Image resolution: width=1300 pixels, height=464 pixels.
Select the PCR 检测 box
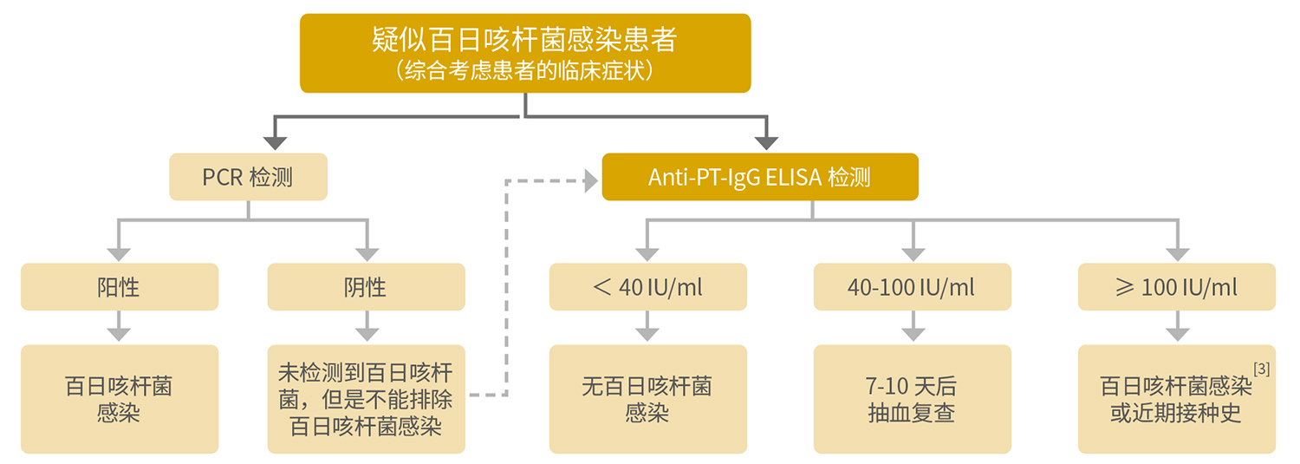pyautogui.click(x=248, y=177)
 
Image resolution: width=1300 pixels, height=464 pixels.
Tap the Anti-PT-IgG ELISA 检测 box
pyautogui.click(x=759, y=177)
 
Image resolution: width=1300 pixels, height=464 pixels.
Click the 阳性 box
pyautogui.click(x=119, y=287)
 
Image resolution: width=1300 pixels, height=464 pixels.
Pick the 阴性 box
pyautogui.click(x=366, y=287)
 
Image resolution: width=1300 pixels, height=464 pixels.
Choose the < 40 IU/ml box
pyautogui.click(x=647, y=287)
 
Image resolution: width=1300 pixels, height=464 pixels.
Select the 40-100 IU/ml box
pyautogui.click(x=912, y=287)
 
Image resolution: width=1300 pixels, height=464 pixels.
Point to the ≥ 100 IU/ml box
pyautogui.click(x=1176, y=287)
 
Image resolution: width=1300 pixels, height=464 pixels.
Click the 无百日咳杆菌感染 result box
pyautogui.click(x=647, y=399)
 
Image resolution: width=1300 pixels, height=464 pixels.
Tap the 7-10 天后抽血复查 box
pyautogui.click(x=912, y=399)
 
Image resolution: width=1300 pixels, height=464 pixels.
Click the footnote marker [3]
pyautogui.click(x=1261, y=369)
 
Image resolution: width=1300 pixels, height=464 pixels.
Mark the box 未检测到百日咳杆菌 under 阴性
pyautogui.click(x=366, y=399)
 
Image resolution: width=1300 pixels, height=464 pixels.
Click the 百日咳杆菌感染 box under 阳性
pyautogui.click(x=119, y=399)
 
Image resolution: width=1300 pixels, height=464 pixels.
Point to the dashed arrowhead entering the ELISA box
pyautogui.click(x=592, y=180)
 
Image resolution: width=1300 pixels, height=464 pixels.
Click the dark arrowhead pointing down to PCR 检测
pyautogui.click(x=275, y=141)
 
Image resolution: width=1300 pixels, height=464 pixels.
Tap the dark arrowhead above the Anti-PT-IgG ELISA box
pyautogui.click(x=766, y=141)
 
